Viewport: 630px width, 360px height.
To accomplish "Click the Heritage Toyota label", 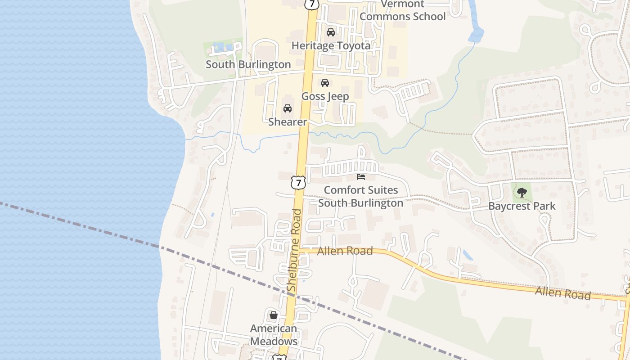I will pyautogui.click(x=331, y=45).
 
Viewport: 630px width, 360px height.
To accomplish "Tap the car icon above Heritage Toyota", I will pyautogui.click(x=331, y=32).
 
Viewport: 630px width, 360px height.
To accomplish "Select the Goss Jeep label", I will pyautogui.click(x=325, y=96).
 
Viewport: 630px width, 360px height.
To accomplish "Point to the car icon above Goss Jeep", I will pyautogui.click(x=325, y=83).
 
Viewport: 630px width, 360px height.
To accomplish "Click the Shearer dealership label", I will pyautogui.click(x=288, y=122).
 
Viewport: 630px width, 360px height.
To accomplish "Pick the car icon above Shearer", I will pyautogui.click(x=288, y=108).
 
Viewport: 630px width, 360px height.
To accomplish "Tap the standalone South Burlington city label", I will pyautogui.click(x=248, y=64).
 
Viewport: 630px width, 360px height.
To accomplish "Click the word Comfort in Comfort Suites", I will pyautogui.click(x=342, y=190).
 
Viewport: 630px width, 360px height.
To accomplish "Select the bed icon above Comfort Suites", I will pyautogui.click(x=361, y=176).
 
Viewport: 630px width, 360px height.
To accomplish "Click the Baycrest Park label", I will pyautogui.click(x=522, y=206).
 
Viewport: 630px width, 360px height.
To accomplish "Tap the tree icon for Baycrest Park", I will pyautogui.click(x=522, y=193).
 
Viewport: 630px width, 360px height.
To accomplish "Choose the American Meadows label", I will pyautogui.click(x=274, y=335).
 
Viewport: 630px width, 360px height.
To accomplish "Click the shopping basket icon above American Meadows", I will pyautogui.click(x=273, y=315).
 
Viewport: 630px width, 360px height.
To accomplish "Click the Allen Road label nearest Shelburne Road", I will pyautogui.click(x=345, y=251).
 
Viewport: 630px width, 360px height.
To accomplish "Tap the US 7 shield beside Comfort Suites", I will pyautogui.click(x=298, y=182).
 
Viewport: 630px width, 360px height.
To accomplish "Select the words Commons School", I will pyautogui.click(x=402, y=17).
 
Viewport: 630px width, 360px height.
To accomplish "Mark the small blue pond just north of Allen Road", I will pyautogui.click(x=468, y=255).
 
